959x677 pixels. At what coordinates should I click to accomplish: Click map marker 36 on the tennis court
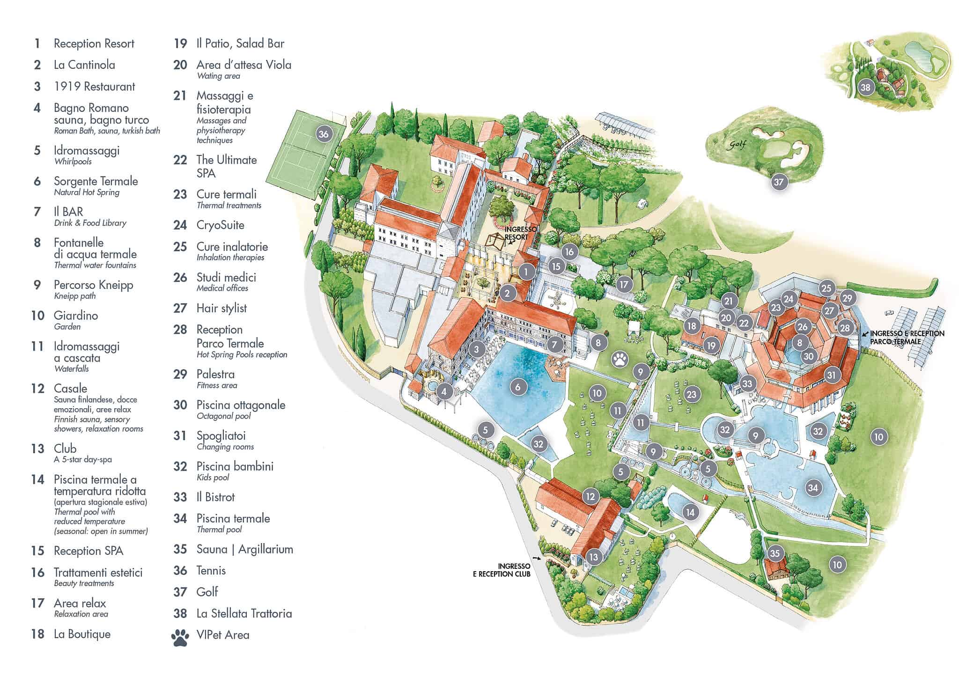point(323,134)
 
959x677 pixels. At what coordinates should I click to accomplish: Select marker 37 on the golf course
point(778,182)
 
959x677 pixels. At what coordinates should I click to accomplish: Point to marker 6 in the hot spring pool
point(517,387)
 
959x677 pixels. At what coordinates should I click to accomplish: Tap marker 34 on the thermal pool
point(812,488)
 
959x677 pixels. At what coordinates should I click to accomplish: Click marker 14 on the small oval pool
point(690,512)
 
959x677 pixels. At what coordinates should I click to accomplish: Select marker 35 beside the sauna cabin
point(775,553)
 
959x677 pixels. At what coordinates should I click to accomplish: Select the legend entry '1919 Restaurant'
point(94,87)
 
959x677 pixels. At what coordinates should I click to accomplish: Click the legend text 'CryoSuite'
point(220,225)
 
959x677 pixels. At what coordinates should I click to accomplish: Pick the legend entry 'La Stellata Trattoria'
point(244,613)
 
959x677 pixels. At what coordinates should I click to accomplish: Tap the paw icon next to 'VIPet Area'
point(180,637)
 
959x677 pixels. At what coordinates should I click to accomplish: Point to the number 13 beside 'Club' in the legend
point(37,449)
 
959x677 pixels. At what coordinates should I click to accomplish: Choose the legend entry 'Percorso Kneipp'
point(93,285)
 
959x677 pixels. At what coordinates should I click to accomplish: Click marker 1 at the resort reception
point(526,272)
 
